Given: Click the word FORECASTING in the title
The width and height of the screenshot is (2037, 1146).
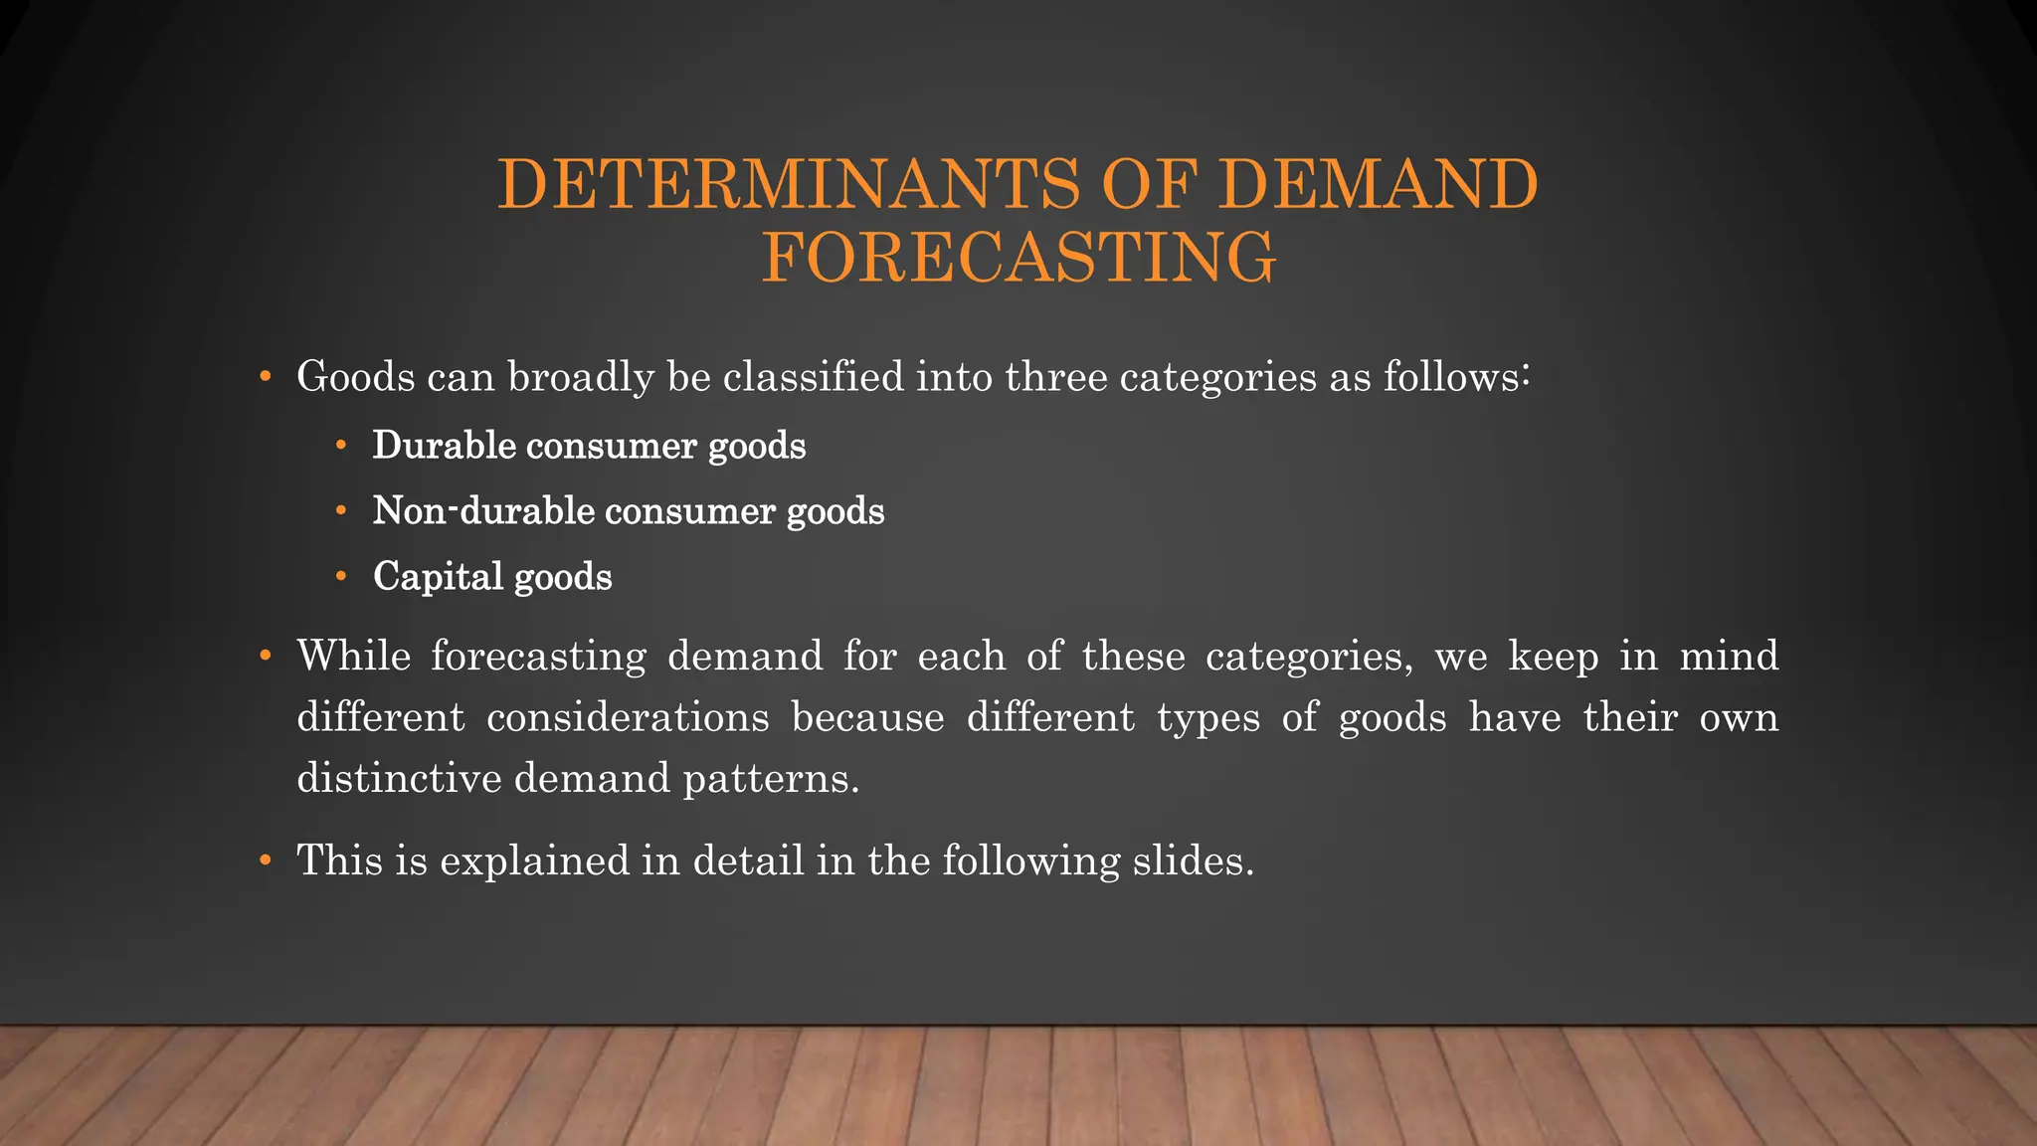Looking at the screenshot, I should (x=1018, y=258).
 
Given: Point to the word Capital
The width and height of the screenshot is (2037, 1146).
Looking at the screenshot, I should (x=438, y=577).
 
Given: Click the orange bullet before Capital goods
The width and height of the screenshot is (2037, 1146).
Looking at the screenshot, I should (x=341, y=576).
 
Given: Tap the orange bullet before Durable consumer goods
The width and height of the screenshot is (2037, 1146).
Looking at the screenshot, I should (x=341, y=445).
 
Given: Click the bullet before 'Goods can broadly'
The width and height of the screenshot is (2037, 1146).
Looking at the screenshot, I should (x=265, y=377).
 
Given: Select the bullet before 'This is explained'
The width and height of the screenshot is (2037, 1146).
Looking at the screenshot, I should (x=265, y=860).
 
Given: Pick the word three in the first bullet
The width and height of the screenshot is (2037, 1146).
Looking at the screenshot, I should (x=1055, y=377).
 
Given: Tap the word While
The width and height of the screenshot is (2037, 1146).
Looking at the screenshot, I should (x=353, y=657).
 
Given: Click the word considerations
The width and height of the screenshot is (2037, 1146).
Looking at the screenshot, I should (x=628, y=717).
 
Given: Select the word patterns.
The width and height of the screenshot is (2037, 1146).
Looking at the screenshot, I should (x=771, y=778).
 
